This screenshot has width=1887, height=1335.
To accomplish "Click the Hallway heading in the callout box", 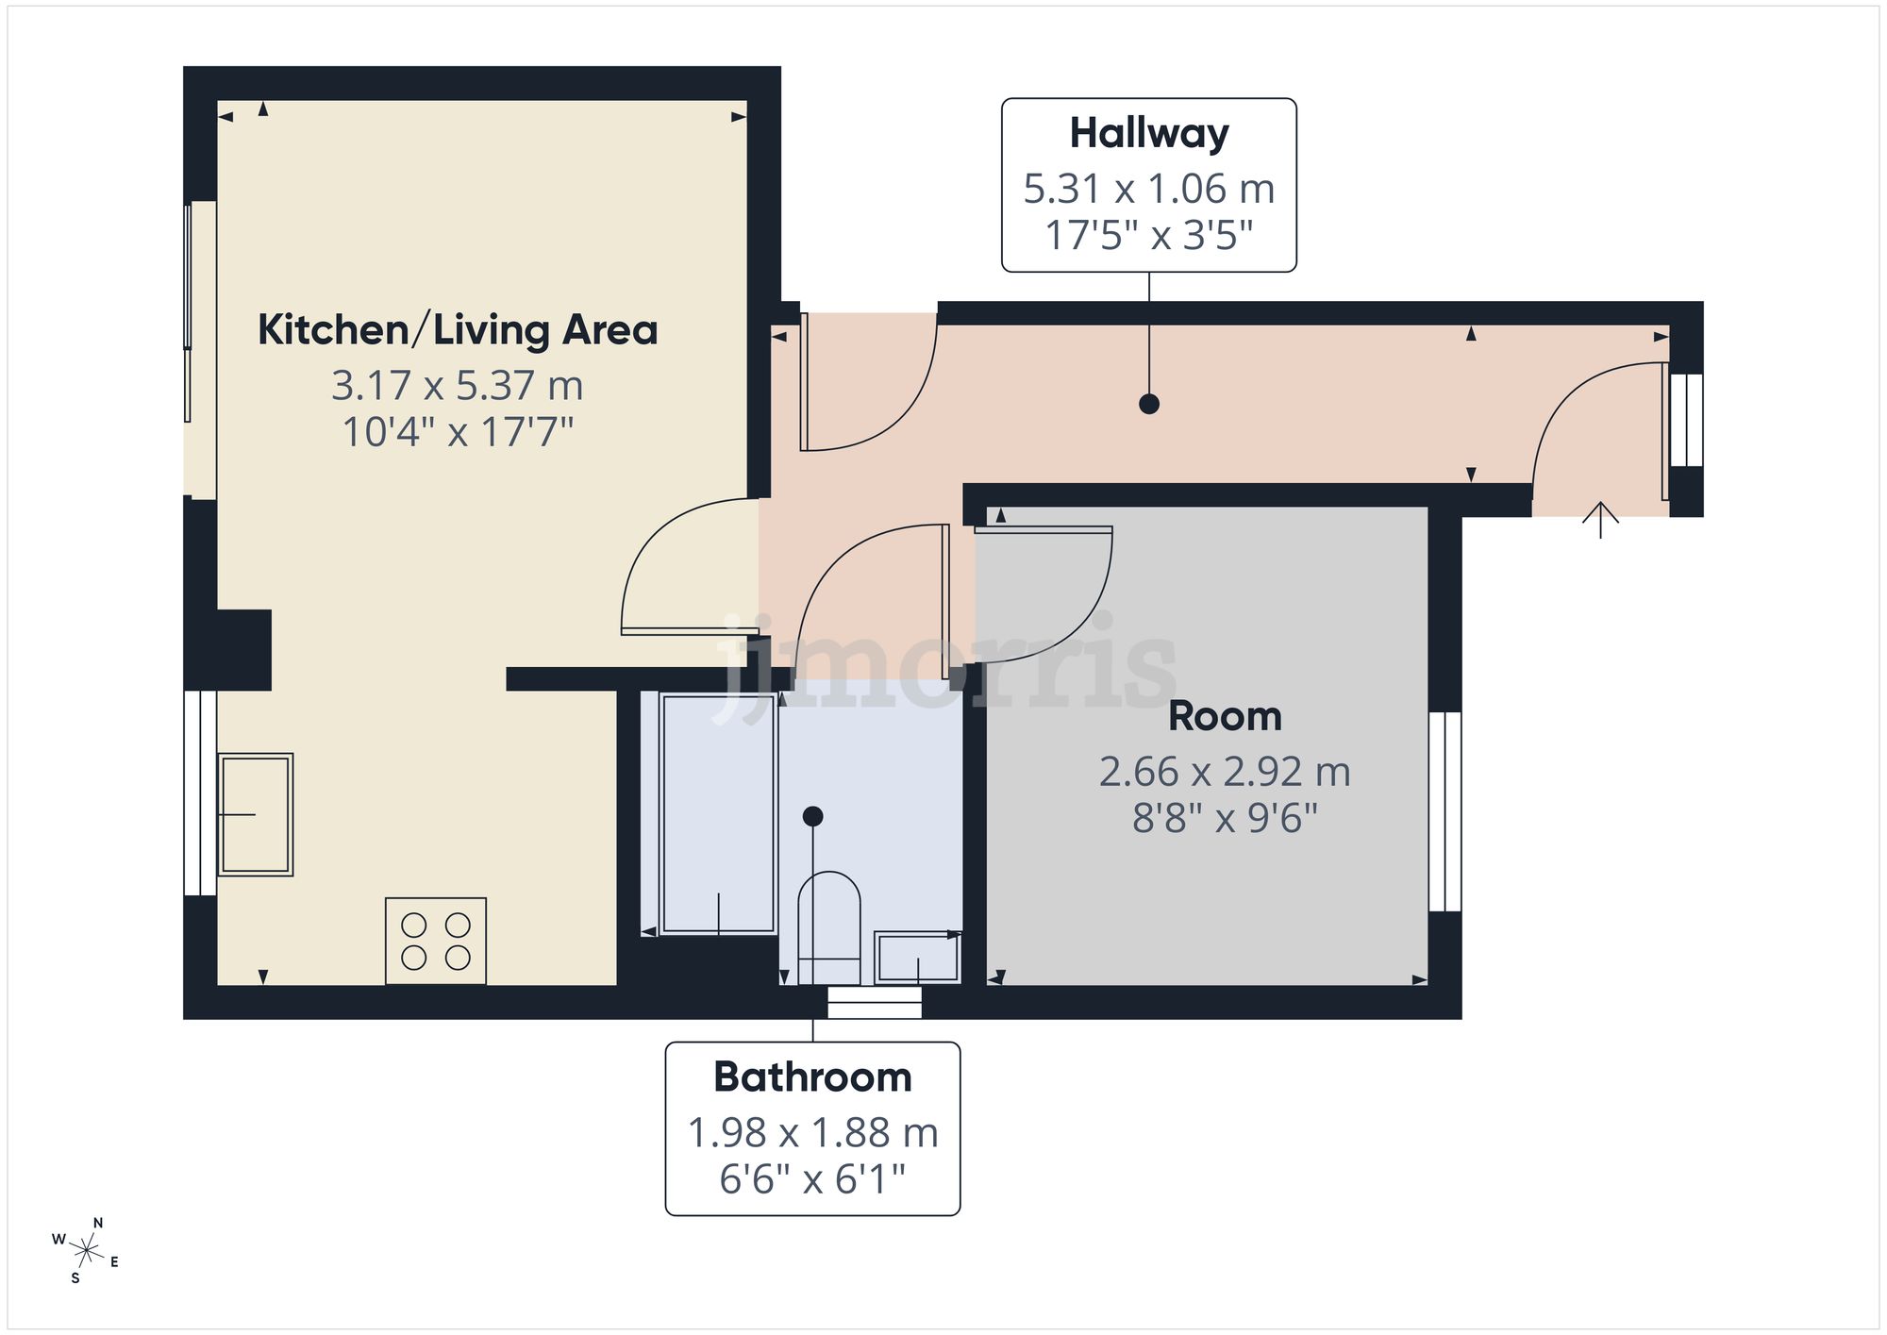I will [x=1148, y=133].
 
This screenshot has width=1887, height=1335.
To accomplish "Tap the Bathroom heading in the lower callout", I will [x=812, y=1077].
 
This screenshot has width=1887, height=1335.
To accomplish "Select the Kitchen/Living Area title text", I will [x=458, y=330].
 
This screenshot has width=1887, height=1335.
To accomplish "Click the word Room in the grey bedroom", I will [x=1225, y=717].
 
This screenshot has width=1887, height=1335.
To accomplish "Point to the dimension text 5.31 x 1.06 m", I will [x=1148, y=189].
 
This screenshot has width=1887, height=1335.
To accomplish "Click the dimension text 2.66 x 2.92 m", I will [x=1225, y=772].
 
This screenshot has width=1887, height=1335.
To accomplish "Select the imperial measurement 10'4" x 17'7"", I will [x=458, y=432].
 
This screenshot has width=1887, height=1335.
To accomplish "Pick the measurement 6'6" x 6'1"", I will [x=812, y=1179].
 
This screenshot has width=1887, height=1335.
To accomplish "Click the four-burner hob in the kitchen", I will [x=436, y=941].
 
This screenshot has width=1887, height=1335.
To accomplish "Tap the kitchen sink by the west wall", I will [x=255, y=814].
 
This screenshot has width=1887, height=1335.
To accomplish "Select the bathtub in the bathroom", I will [x=719, y=813].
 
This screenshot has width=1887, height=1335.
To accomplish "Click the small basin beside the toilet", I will [x=917, y=958].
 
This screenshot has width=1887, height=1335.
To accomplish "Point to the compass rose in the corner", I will [x=86, y=1251].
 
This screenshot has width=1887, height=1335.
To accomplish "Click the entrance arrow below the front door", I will [x=1600, y=519].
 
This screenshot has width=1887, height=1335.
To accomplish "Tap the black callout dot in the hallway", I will [x=1148, y=404].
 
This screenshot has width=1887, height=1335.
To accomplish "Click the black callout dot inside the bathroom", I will [x=812, y=816].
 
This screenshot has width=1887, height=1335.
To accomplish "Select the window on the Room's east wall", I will [x=1444, y=811].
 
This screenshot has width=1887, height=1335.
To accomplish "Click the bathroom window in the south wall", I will [x=875, y=1002].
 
